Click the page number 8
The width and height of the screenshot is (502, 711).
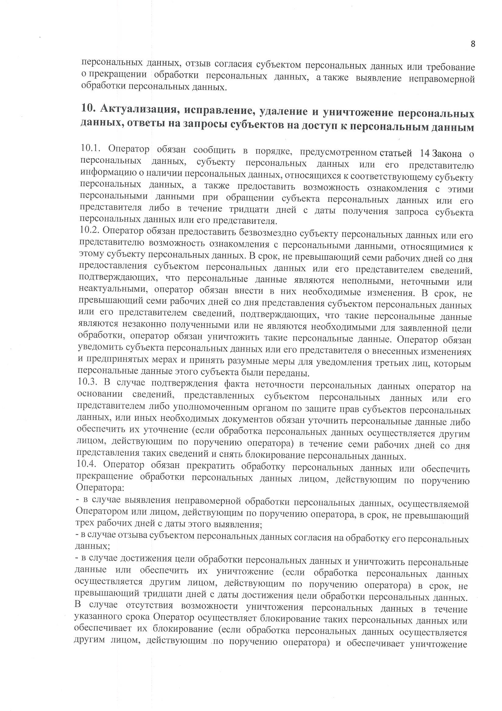(473, 44)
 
